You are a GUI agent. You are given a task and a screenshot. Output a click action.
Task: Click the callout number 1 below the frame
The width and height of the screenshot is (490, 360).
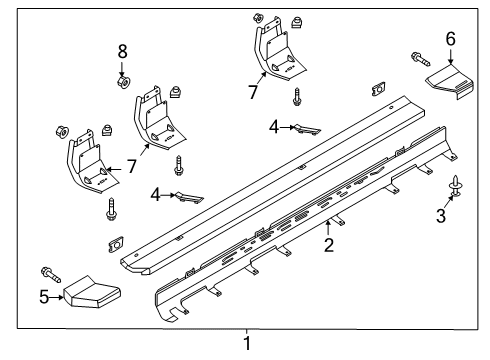247,343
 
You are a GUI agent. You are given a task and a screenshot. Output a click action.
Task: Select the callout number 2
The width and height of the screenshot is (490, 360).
329,245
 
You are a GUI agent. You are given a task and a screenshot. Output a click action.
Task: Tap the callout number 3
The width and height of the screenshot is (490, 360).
441,215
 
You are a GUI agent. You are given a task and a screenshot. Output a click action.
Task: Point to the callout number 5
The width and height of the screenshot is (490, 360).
44,297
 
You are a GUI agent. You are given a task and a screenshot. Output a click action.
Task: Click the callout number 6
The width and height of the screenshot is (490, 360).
450,39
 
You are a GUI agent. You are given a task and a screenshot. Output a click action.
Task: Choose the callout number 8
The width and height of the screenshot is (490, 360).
123,52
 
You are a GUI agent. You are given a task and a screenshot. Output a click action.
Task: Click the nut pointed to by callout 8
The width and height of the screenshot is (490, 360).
124,82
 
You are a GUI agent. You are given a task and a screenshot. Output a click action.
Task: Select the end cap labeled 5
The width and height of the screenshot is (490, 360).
92,292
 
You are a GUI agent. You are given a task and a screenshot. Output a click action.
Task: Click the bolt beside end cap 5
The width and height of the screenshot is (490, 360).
51,274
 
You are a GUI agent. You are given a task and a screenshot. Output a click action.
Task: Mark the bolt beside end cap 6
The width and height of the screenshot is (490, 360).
420,59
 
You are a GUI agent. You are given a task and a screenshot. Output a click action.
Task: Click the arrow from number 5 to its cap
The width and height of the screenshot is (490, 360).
56,297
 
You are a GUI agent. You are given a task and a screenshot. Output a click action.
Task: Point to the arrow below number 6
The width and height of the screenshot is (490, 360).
450,56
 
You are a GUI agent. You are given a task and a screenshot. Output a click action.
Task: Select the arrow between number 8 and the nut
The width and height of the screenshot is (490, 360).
122,68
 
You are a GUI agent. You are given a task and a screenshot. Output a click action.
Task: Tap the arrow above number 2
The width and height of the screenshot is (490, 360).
328,228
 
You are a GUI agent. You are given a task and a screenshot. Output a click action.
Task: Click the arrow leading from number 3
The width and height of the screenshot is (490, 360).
449,202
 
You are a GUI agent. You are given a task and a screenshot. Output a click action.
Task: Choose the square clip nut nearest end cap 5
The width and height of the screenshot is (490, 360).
116,245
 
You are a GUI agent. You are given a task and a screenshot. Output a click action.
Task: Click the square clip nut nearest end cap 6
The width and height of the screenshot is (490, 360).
379,89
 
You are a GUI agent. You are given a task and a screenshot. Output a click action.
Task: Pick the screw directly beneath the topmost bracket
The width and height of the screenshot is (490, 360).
297,97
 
